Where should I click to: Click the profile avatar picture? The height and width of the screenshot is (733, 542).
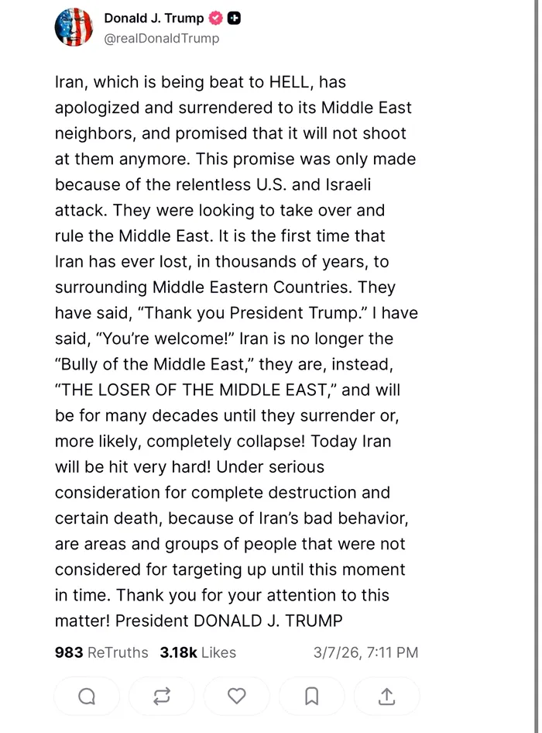[x=74, y=27]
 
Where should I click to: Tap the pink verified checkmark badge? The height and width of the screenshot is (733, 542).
[x=216, y=19]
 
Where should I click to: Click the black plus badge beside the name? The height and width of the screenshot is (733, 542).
[x=234, y=19]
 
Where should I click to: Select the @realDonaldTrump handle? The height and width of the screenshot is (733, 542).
[x=161, y=38]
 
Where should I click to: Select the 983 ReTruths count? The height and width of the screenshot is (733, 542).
[x=101, y=652]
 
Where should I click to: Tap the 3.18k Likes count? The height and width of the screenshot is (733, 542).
[x=197, y=652]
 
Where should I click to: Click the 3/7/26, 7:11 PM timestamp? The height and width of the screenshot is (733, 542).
[x=365, y=652]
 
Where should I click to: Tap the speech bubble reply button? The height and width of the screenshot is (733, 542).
[x=87, y=696]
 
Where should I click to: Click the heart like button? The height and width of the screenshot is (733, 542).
[x=237, y=696]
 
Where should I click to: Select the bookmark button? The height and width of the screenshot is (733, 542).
[x=311, y=696]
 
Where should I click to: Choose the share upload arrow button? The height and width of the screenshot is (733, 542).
[x=386, y=696]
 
